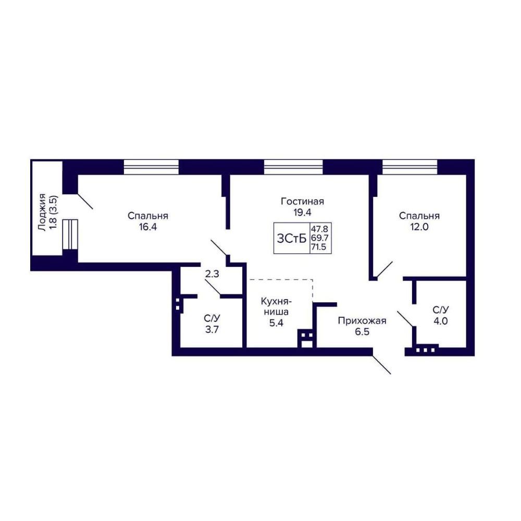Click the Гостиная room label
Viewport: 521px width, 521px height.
point(302,202)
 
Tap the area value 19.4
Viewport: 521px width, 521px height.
point(302,213)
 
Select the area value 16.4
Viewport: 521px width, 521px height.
point(147,227)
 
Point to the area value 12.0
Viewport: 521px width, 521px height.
point(419,227)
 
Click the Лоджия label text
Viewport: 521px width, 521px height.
point(42,213)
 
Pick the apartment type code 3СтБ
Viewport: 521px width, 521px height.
point(291,238)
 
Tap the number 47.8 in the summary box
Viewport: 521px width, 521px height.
point(319,229)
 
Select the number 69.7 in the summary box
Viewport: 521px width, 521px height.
point(319,238)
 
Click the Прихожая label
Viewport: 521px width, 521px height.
point(362,321)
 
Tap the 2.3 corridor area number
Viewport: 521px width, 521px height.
point(212,275)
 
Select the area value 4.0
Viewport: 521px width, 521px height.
point(441,321)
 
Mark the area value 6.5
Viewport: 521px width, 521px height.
point(362,332)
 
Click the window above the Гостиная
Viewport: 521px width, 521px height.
point(293,167)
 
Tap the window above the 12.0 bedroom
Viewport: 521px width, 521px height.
point(410,167)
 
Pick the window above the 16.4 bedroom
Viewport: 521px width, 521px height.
point(151,167)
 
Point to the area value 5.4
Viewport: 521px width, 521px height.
point(277,322)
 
